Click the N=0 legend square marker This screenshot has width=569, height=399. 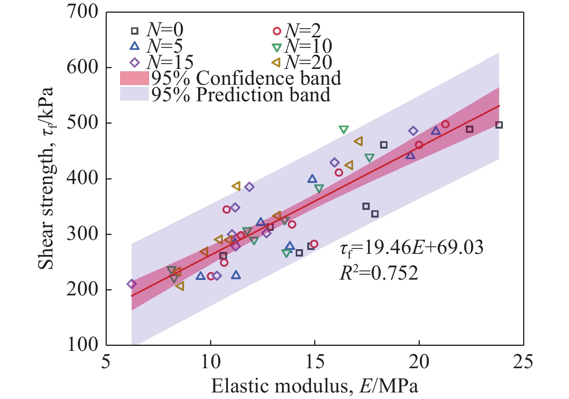tap(134, 31)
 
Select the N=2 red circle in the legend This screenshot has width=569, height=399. tap(277, 31)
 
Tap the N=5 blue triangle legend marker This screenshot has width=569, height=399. tap(134, 47)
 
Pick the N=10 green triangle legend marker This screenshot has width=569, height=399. tap(277, 47)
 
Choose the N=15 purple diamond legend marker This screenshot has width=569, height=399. tap(134, 63)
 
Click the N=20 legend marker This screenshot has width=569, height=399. tap(276, 63)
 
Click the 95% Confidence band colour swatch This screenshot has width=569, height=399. tap(134, 78)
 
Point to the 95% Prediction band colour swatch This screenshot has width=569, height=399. tap(134, 94)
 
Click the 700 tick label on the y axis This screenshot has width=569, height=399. tap(83, 12)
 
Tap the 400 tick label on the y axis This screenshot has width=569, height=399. tap(83, 178)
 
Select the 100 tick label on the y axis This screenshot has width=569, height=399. tap(83, 344)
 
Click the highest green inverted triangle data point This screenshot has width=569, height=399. tap(343, 130)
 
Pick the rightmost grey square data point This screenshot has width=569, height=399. tap(499, 125)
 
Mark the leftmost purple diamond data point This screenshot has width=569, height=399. tap(131, 284)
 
